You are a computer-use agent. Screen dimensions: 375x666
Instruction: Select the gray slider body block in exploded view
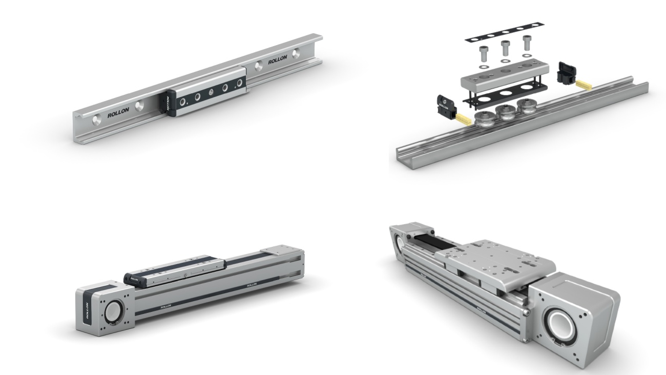505,74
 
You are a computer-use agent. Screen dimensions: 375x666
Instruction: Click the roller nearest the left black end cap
483,120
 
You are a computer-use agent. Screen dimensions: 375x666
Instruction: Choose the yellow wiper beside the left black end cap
463,120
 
